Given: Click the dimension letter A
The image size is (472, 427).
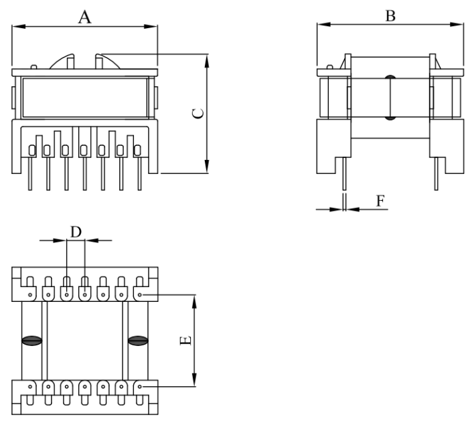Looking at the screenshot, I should click(x=84, y=17).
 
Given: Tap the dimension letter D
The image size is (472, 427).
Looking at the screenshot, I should click(x=76, y=232).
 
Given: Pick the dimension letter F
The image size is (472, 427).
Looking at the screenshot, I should click(x=380, y=201).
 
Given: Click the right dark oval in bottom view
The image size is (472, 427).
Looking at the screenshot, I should click(x=138, y=341).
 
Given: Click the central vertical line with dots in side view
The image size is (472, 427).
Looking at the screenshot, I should click(x=390, y=99).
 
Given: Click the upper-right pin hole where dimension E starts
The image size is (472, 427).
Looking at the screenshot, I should click(x=139, y=293).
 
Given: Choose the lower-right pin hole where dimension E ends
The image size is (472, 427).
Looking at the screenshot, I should click(x=139, y=386).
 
